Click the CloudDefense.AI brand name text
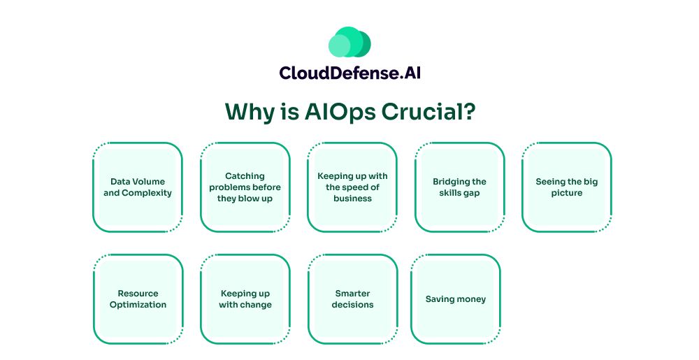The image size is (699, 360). [x=349, y=73]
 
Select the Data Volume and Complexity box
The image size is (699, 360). [x=138, y=187]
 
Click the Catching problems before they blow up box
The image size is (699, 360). [x=245, y=187]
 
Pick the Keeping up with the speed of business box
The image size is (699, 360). [x=352, y=187]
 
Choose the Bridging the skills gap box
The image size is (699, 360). [x=459, y=187]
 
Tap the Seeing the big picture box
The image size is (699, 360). [x=567, y=187]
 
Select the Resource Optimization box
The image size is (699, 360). [x=138, y=299]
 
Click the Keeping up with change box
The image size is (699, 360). [x=245, y=299]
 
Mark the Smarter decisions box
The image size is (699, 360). [x=352, y=299]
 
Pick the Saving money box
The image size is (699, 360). [x=455, y=299]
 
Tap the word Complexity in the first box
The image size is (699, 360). [x=147, y=193]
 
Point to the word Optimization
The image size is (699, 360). [x=138, y=305]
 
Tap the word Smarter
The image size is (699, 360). [x=352, y=294]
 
